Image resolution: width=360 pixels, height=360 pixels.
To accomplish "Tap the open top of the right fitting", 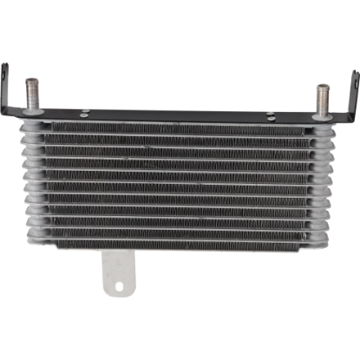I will (x=323, y=86).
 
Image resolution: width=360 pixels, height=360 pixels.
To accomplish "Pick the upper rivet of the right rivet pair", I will (x=271, y=111).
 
